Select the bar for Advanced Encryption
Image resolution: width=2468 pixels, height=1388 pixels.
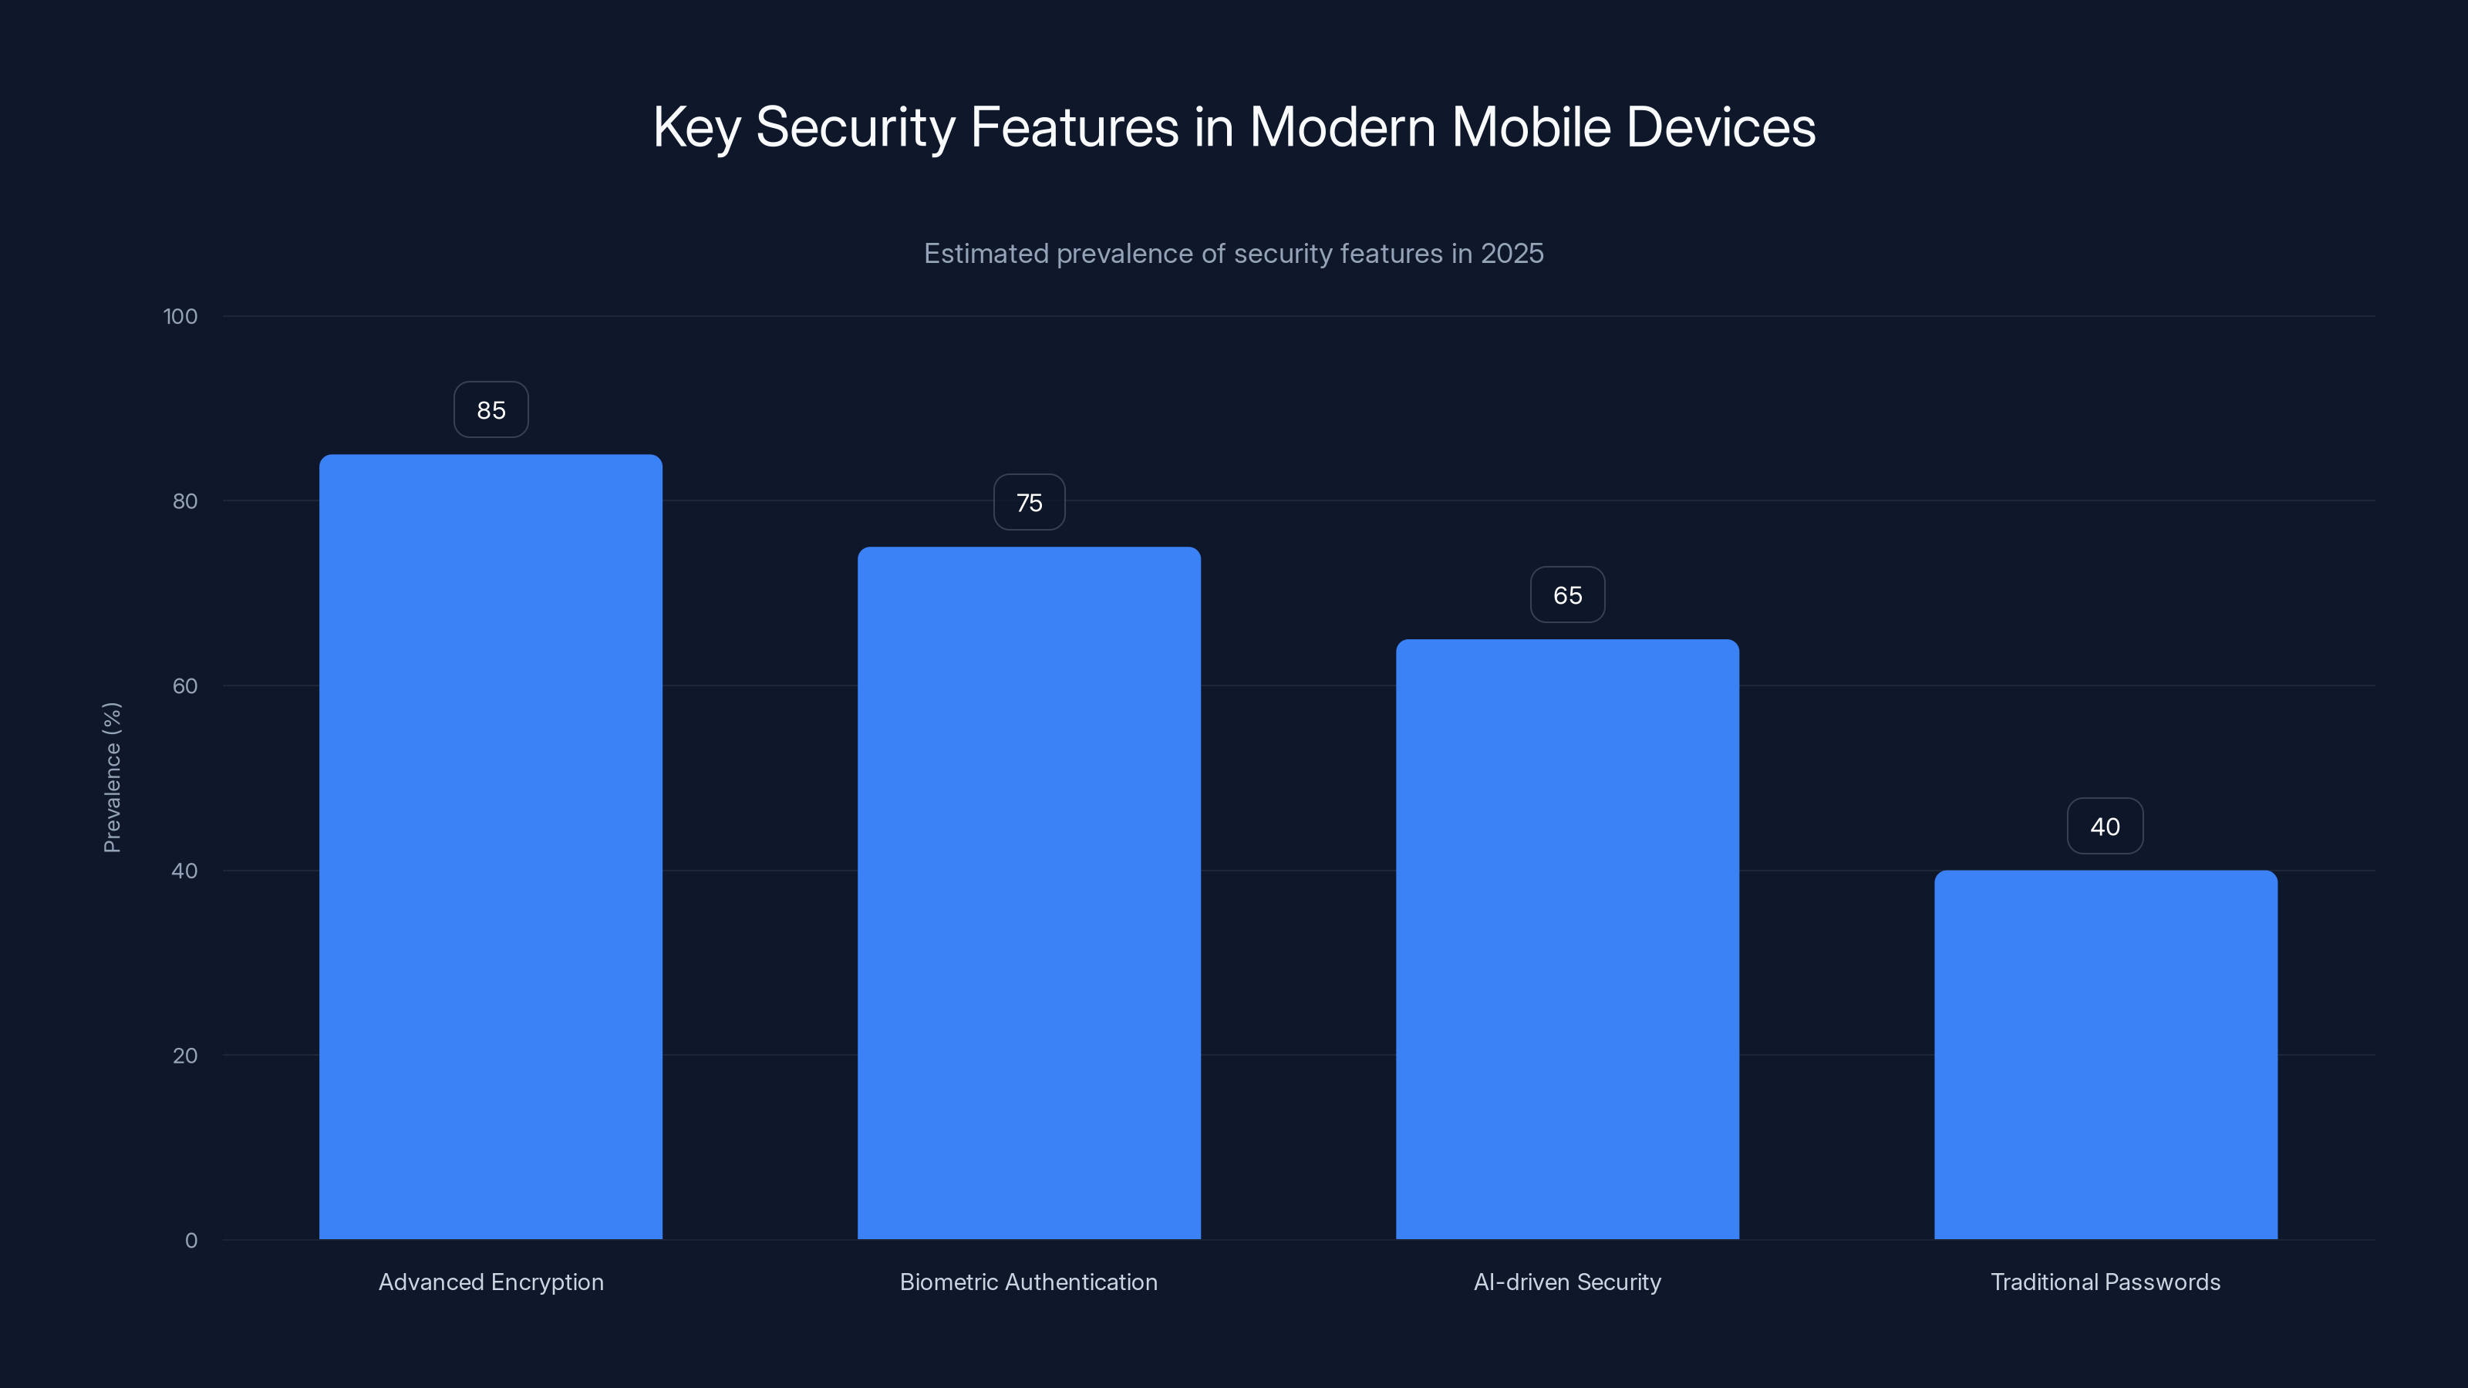(x=491, y=847)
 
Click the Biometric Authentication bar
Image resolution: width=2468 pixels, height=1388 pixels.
(x=1029, y=893)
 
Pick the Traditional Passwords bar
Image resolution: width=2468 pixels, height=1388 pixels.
(x=2105, y=1055)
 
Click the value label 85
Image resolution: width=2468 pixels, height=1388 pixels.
(x=491, y=410)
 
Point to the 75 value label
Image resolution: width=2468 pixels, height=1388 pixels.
(x=1029, y=503)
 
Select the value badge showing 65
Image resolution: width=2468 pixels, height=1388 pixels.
(x=1567, y=595)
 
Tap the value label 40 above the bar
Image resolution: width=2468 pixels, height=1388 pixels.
(x=2105, y=827)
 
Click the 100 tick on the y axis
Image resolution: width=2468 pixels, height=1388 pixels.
(x=180, y=316)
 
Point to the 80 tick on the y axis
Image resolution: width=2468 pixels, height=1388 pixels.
(x=185, y=501)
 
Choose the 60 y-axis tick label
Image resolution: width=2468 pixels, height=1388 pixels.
(x=185, y=686)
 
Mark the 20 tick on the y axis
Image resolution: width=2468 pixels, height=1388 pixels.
(x=185, y=1056)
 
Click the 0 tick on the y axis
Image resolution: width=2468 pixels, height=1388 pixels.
(x=190, y=1241)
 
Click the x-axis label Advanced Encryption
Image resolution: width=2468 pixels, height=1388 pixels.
(x=491, y=1282)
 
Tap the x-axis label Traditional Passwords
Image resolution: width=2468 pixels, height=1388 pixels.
(x=2105, y=1282)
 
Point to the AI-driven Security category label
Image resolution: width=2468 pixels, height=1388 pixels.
(x=1567, y=1282)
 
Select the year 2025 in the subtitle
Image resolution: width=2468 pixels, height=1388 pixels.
(x=1511, y=253)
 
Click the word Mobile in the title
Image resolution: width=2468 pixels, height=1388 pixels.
(x=1531, y=127)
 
